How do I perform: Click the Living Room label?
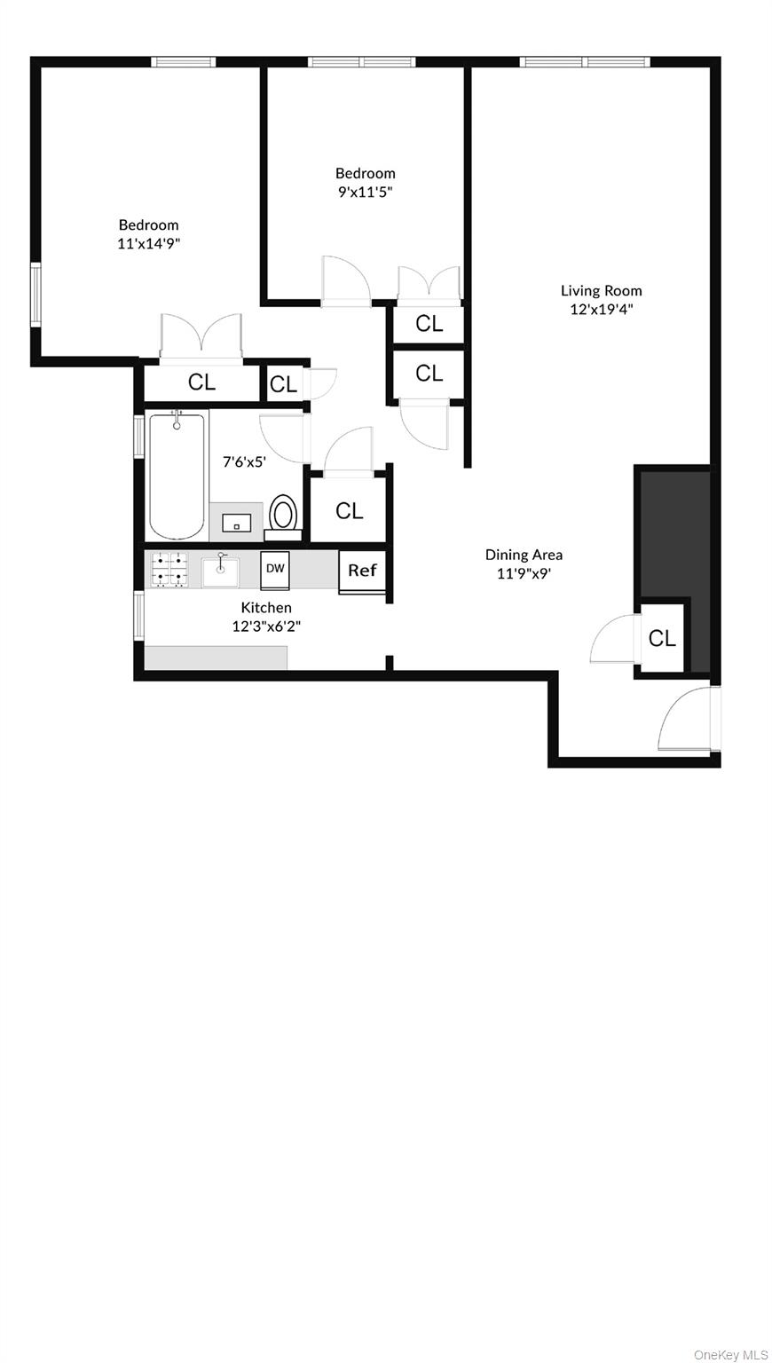(x=601, y=291)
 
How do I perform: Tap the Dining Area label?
(x=524, y=555)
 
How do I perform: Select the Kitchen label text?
(x=266, y=607)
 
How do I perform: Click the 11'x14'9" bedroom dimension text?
(x=148, y=244)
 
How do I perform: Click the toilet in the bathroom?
(x=283, y=517)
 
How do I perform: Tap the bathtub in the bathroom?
(x=177, y=475)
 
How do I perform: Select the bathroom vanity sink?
(x=236, y=523)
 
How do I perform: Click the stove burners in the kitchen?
(x=169, y=569)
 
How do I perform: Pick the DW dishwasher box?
(x=275, y=571)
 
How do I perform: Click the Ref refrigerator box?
(x=362, y=571)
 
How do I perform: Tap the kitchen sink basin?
(x=220, y=572)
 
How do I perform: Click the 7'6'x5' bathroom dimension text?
(x=245, y=461)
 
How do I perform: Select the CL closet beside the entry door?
(x=662, y=638)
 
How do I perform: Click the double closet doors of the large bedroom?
(x=201, y=336)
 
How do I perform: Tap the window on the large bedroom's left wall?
(x=35, y=295)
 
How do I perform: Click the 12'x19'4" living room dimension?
(x=601, y=309)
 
